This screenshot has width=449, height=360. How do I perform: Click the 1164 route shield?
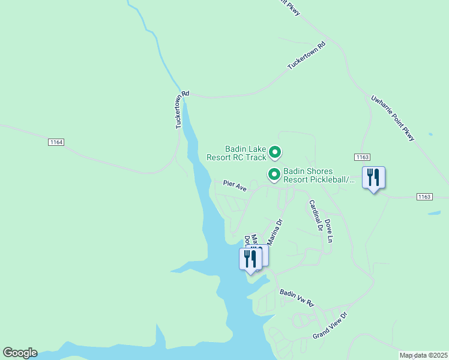point(56,142)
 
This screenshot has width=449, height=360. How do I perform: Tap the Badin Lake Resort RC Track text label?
point(236,153)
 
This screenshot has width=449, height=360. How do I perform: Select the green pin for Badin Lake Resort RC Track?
point(274,153)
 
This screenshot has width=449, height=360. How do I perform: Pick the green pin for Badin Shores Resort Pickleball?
point(274,175)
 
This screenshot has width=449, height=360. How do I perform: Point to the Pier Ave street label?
point(235,187)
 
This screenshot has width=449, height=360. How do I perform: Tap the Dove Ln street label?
point(329,230)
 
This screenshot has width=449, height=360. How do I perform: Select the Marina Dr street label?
point(274,232)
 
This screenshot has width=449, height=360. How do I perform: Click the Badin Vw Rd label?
point(297,297)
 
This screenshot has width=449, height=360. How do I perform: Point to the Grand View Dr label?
point(330,325)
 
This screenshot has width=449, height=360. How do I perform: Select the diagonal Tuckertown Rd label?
point(306,56)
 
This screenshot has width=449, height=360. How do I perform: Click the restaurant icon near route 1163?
point(373,178)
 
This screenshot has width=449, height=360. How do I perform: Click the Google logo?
point(20,353)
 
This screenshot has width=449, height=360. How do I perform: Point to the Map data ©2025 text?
point(424,355)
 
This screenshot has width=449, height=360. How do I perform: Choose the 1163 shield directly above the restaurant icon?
point(362,157)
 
